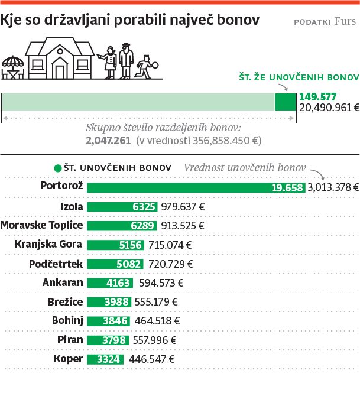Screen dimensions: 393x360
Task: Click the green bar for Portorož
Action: click(x=196, y=187)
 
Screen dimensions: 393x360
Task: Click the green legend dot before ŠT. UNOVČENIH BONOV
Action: click(x=57, y=168)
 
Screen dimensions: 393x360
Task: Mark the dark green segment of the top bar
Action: click(x=285, y=102)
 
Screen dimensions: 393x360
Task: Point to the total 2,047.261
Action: click(x=108, y=141)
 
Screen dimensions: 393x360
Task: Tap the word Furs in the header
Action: click(x=345, y=22)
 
